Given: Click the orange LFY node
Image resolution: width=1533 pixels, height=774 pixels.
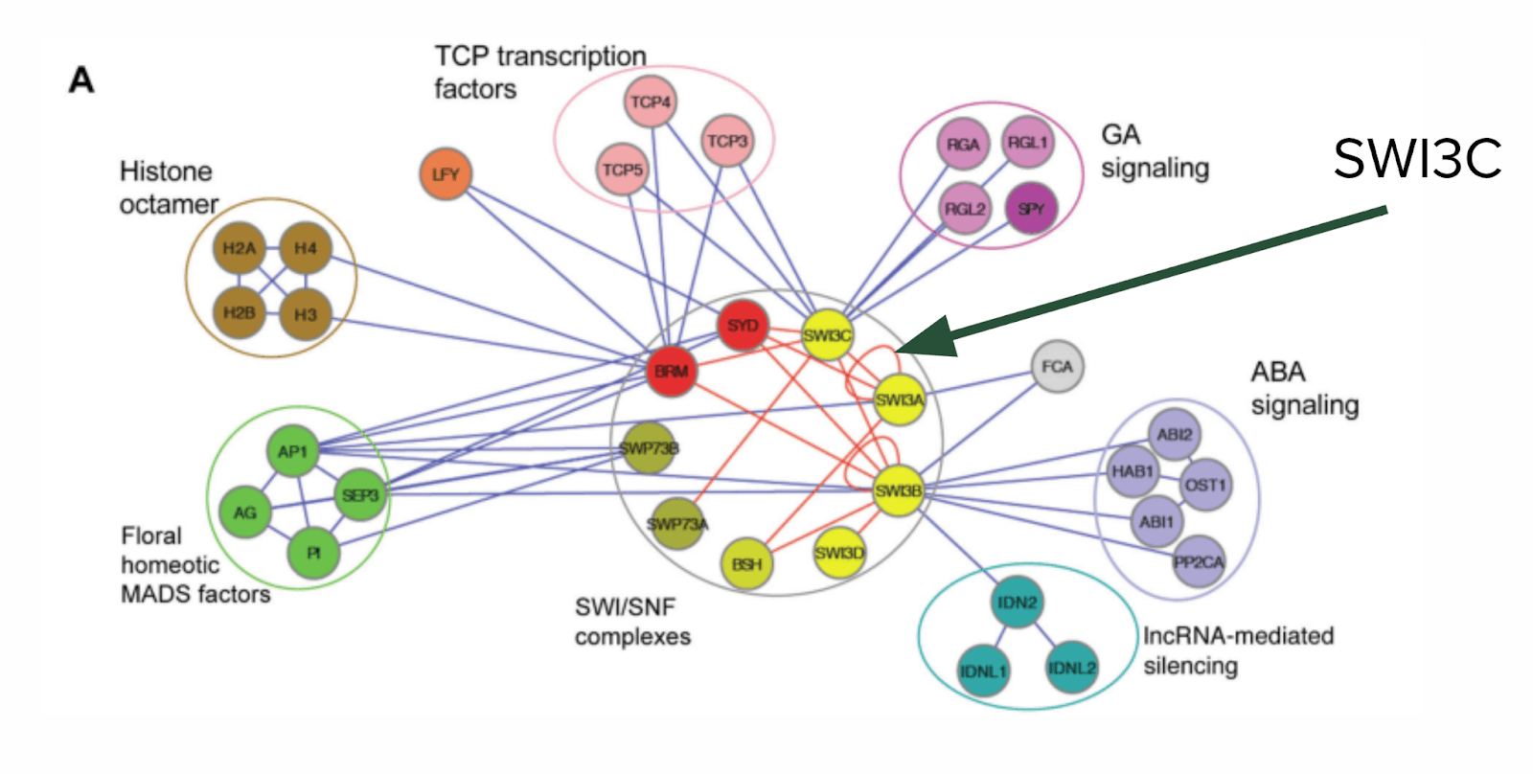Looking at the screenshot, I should pos(446,174).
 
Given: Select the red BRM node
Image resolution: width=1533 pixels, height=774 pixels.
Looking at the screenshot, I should pos(671,372).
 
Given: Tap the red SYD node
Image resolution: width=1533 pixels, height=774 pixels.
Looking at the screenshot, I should pos(743,326).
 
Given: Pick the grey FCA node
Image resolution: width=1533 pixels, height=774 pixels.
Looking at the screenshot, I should pos(1057,367).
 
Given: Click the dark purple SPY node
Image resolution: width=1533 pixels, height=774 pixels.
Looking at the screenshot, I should pos(1031,209).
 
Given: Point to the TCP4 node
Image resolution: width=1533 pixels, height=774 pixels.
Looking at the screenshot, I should pos(651,102).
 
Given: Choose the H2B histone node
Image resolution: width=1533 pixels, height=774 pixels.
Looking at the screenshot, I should pos(239,313).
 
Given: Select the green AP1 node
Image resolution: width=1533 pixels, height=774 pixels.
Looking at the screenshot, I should pos(292,451).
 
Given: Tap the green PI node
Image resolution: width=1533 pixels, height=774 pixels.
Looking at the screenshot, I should pos(313,553).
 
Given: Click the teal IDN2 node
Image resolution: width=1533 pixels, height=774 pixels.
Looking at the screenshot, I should pos(1017,603).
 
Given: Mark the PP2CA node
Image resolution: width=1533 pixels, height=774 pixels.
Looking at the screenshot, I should pos(1198,562).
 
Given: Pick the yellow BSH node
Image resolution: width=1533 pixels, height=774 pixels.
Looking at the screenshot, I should pos(746,564).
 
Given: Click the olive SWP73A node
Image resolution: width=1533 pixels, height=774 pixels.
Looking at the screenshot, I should pos(677,524).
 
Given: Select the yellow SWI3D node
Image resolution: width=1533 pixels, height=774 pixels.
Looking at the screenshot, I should pos(838,553).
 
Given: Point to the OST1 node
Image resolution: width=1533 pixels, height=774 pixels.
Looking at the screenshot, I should pos(1204,485).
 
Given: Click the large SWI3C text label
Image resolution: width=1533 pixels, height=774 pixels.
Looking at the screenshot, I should pos(1417,159).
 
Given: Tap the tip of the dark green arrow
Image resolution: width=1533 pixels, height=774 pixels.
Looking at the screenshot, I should pos(901,349).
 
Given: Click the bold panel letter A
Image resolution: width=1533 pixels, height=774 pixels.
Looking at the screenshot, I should pos(81,80).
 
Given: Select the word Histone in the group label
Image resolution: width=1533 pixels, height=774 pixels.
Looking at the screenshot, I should pos(166,171).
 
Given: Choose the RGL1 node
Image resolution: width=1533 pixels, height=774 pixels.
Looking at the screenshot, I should pos(1027,143).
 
